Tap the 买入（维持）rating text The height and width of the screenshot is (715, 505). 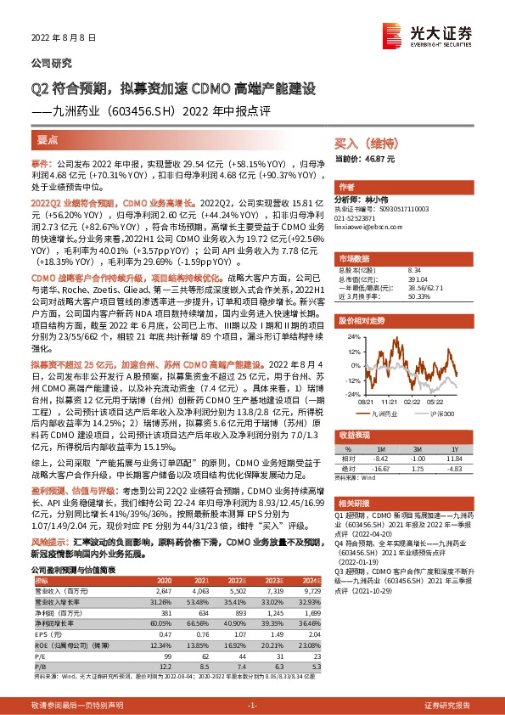(x=360, y=145)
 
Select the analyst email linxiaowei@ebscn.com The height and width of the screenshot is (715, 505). (x=367, y=226)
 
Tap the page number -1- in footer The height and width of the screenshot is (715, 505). (x=251, y=706)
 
